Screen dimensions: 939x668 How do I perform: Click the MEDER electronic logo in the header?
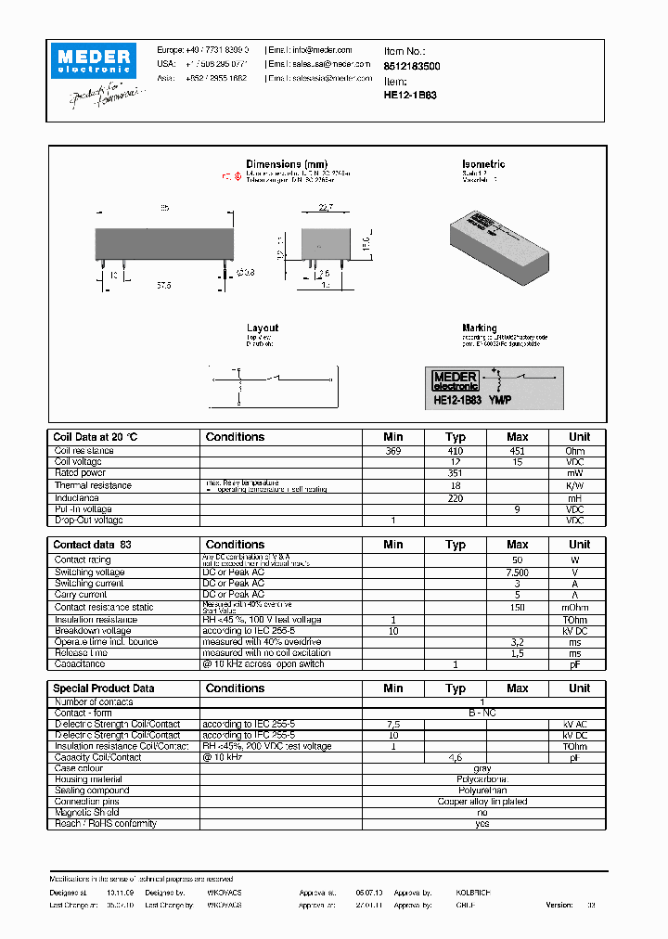96,60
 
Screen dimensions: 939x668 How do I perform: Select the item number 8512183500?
412,67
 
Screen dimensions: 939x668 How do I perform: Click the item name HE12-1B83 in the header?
410,95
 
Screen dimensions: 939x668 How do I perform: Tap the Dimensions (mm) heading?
286,164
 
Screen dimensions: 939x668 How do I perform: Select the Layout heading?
262,328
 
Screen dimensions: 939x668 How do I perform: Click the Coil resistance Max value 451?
517,450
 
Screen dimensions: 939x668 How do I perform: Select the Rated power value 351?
455,473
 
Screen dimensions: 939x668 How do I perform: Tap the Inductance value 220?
455,497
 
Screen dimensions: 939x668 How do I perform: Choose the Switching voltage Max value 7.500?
517,572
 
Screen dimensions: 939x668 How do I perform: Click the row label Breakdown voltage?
93,630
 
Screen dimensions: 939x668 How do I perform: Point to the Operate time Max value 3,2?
517,641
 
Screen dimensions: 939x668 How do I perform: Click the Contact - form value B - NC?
482,713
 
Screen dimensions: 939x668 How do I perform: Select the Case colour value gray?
482,768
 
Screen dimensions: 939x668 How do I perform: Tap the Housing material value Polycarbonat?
482,779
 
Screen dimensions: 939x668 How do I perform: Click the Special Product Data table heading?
104,688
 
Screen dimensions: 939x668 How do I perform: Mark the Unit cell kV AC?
578,724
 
